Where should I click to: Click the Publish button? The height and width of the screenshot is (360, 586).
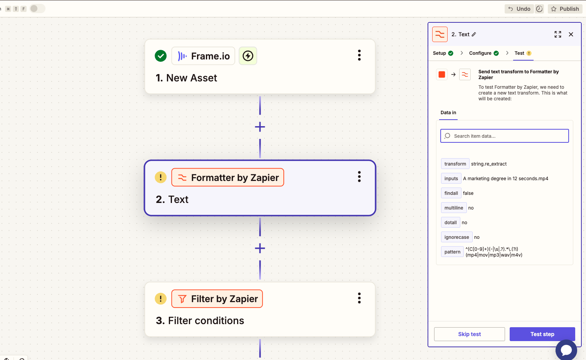[565, 9]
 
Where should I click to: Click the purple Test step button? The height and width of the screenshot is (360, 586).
[542, 334]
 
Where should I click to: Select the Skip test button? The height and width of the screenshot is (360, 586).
[469, 334]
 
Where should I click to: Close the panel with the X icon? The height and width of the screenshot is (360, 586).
[571, 34]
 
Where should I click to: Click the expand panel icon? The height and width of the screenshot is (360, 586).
[558, 34]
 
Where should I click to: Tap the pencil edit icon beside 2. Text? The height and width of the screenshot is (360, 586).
[474, 34]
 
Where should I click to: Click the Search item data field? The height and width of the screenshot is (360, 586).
[504, 136]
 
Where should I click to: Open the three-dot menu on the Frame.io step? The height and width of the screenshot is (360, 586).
[359, 55]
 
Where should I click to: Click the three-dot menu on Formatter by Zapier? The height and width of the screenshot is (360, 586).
[359, 177]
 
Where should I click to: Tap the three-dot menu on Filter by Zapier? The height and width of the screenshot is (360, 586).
[359, 298]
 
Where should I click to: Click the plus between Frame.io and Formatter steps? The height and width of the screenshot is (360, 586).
[260, 127]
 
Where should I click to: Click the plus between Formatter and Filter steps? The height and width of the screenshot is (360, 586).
[260, 248]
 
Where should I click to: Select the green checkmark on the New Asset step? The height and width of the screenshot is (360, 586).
[161, 56]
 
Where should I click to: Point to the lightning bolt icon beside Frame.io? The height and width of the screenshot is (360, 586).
[248, 56]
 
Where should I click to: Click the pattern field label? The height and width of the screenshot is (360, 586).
[452, 252]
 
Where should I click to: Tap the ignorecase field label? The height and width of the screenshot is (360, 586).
[456, 237]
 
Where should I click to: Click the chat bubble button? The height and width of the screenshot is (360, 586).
[566, 350]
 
